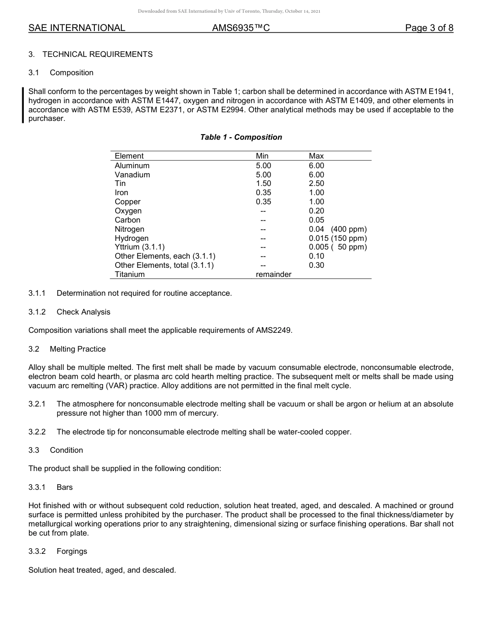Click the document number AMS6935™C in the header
pyautogui.click(x=240, y=28)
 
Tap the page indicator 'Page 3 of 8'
pyautogui.click(x=429, y=28)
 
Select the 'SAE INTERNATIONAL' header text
pyautogui.click(x=77, y=28)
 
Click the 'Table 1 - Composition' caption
pyautogui.click(x=241, y=137)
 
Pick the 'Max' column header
pyautogui.click(x=316, y=156)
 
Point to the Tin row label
pyautogui.click(x=120, y=183)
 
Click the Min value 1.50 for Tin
pyautogui.click(x=263, y=183)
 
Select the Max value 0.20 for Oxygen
pyautogui.click(x=316, y=211)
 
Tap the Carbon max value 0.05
pyautogui.click(x=316, y=220)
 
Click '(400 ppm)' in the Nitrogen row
pyautogui.click(x=349, y=229)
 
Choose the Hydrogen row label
pyautogui.click(x=131, y=238)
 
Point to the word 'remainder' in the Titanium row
pyautogui.click(x=273, y=274)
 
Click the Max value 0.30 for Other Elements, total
pyautogui.click(x=316, y=265)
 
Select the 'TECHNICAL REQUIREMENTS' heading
pyautogui.click(x=97, y=54)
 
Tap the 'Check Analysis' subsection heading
pyautogui.click(x=83, y=312)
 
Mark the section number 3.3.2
pyautogui.click(x=37, y=551)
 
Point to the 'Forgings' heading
pyautogui.click(x=72, y=551)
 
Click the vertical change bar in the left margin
pyautogui.click(x=23, y=105)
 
